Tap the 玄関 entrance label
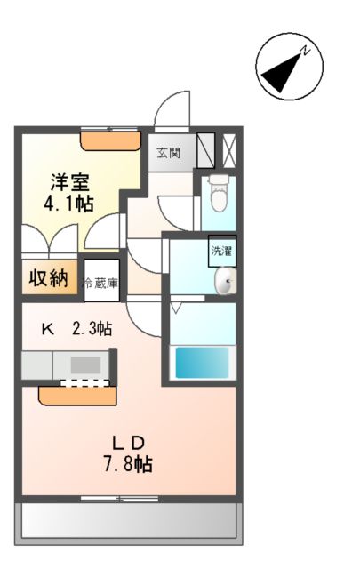170,152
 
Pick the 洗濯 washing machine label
222,251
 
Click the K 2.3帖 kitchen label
76,329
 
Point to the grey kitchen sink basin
86,365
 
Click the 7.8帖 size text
126,463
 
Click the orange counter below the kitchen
77,393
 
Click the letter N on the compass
304,51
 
